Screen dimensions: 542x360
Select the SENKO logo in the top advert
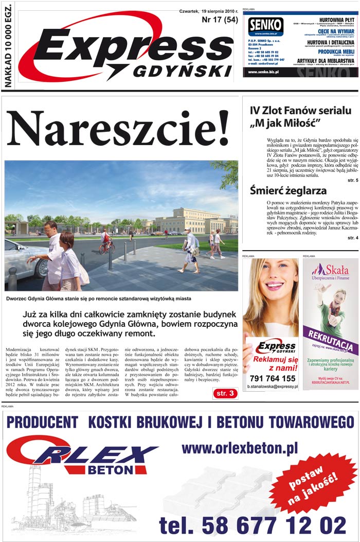265,25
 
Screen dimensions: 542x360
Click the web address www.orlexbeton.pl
240,448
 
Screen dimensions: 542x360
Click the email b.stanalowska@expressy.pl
273,387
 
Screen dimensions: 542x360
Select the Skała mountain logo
322,269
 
